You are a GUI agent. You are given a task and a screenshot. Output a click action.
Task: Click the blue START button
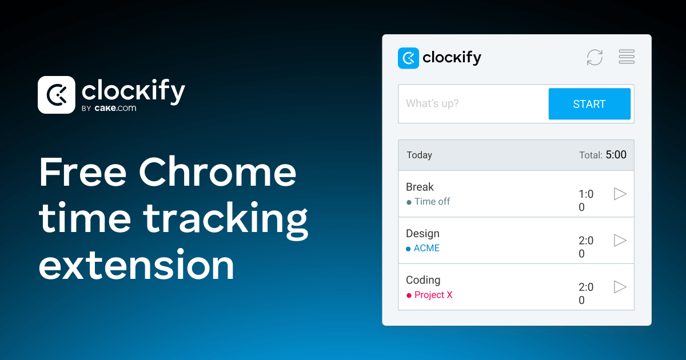coord(589,104)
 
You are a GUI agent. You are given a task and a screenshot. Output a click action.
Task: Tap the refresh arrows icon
coord(595,57)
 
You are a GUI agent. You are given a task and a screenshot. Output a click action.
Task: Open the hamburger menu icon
coord(627,57)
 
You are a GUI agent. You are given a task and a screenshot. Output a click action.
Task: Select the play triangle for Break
coord(620,194)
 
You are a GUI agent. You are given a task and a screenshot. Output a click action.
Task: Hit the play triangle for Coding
coord(620,287)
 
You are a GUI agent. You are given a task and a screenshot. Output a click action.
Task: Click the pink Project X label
coord(433,295)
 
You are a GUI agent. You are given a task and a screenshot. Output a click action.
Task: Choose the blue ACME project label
coord(426,248)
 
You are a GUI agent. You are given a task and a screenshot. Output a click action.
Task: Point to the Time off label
coord(432,202)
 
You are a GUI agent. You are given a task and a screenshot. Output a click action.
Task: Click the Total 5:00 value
coord(616,155)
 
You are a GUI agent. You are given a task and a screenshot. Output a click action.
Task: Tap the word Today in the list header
coord(419,155)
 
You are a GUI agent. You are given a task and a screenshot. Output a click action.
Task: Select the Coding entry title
coord(423,280)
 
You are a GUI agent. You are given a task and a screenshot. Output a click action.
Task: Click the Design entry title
coord(422,233)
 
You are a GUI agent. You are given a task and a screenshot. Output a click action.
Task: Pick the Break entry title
coord(420,187)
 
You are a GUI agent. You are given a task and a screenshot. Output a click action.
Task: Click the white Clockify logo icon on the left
coord(56,94)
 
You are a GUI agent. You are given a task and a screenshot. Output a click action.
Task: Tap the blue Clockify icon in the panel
coord(408,58)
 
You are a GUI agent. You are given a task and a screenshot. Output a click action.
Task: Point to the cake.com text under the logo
coord(115,107)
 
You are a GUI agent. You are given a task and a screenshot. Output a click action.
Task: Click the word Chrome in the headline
coord(218,173)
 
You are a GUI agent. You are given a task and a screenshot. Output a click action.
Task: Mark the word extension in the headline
coord(137,265)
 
